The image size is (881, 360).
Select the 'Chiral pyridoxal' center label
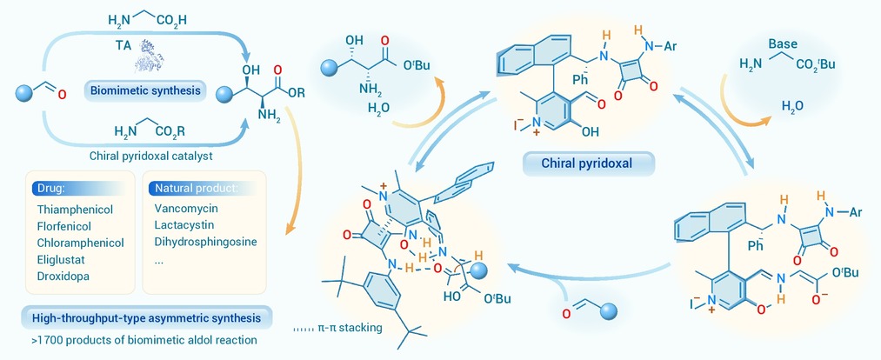pyautogui.click(x=589, y=164)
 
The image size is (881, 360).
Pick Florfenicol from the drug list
pyautogui.click(x=64, y=226)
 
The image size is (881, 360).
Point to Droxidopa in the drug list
pyautogui.click(x=63, y=276)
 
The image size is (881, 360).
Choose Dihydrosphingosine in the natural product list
pyautogui.click(x=205, y=242)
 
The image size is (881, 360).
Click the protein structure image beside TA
pyautogui.click(x=149, y=57)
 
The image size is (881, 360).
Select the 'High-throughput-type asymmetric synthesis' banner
pyautogui.click(x=147, y=318)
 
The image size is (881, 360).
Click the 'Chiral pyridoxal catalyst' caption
pyautogui.click(x=151, y=156)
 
